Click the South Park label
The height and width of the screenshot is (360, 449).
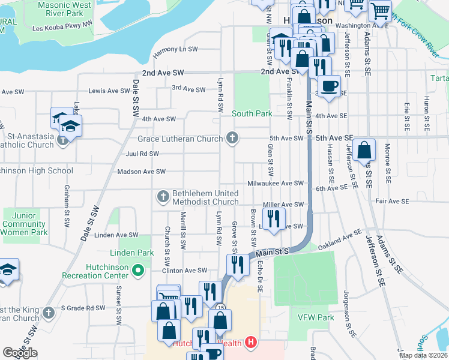(252, 113)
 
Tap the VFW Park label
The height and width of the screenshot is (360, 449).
(315, 317)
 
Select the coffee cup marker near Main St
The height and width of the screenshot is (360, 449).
(329, 86)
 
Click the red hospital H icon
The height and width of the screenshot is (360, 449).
(251, 343)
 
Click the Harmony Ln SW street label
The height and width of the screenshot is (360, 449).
(175, 49)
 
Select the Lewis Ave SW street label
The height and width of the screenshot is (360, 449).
(109, 91)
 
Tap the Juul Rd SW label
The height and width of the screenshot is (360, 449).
(142, 154)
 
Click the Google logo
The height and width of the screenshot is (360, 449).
(20, 353)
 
